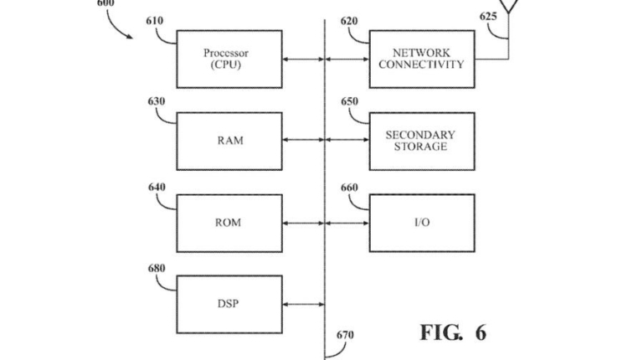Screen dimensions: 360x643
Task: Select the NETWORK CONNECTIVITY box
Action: coord(421,59)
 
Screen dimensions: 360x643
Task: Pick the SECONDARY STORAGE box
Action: coord(421,141)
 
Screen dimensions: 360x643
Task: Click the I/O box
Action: coord(421,223)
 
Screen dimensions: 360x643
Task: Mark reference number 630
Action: coord(155,102)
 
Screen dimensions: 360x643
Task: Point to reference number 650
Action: coord(350,102)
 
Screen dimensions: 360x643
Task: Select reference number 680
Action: coord(155,268)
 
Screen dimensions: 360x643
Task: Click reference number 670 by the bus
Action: coord(345,336)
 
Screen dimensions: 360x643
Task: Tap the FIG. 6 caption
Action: coord(452,332)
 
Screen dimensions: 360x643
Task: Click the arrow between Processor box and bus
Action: coord(304,59)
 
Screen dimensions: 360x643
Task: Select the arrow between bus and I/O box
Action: coord(347,224)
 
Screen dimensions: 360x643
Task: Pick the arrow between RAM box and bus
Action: coord(304,141)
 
